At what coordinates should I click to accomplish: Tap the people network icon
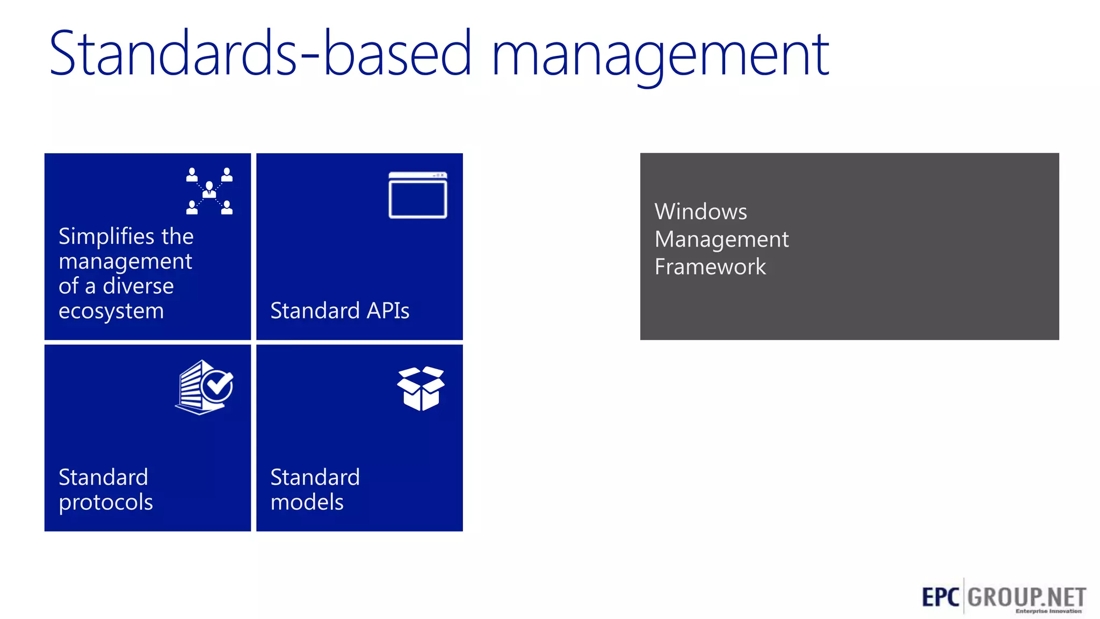(209, 191)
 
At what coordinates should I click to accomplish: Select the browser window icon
(418, 195)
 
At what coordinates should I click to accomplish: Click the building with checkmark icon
(204, 387)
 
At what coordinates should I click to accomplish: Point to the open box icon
(421, 388)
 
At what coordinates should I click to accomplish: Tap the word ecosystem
(111, 311)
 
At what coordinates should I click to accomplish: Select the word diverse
(138, 286)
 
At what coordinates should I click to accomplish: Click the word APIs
(387, 311)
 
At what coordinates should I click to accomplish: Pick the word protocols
(105, 502)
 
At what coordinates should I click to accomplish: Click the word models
(307, 502)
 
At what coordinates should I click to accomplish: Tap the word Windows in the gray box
(700, 212)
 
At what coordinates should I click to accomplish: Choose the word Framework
(710, 267)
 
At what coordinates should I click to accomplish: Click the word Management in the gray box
(721, 239)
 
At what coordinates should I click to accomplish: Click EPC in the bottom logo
(940, 597)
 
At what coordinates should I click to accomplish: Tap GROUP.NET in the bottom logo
(1026, 596)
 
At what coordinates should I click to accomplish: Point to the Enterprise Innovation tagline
(1048, 611)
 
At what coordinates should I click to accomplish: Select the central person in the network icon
(209, 189)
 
